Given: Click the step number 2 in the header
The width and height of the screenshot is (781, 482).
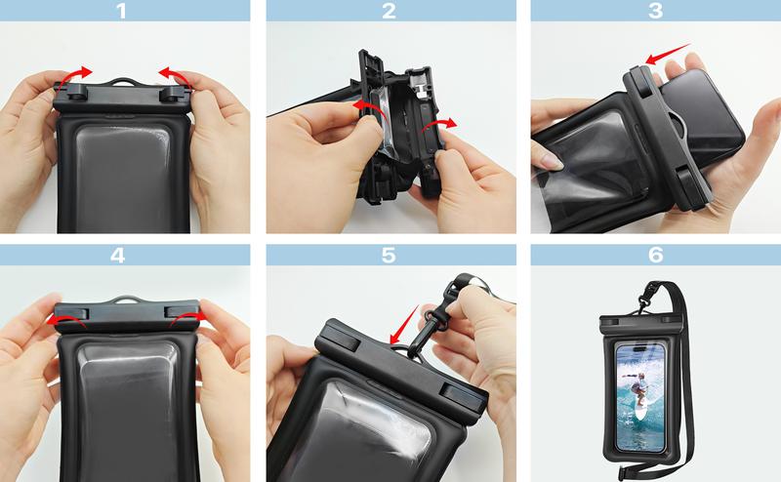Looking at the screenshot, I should click(390, 12).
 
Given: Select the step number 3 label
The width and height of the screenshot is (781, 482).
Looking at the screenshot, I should click(655, 12).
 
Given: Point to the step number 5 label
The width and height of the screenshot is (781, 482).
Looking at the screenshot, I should click(390, 256).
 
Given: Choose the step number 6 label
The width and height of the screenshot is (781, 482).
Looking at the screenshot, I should click(655, 256).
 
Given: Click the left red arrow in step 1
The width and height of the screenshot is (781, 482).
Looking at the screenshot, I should click(74, 74).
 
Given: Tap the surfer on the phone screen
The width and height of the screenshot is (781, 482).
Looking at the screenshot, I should click(638, 390).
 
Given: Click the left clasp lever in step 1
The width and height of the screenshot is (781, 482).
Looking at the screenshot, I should click(70, 95).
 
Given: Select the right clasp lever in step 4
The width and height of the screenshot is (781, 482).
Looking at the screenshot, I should click(185, 314).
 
